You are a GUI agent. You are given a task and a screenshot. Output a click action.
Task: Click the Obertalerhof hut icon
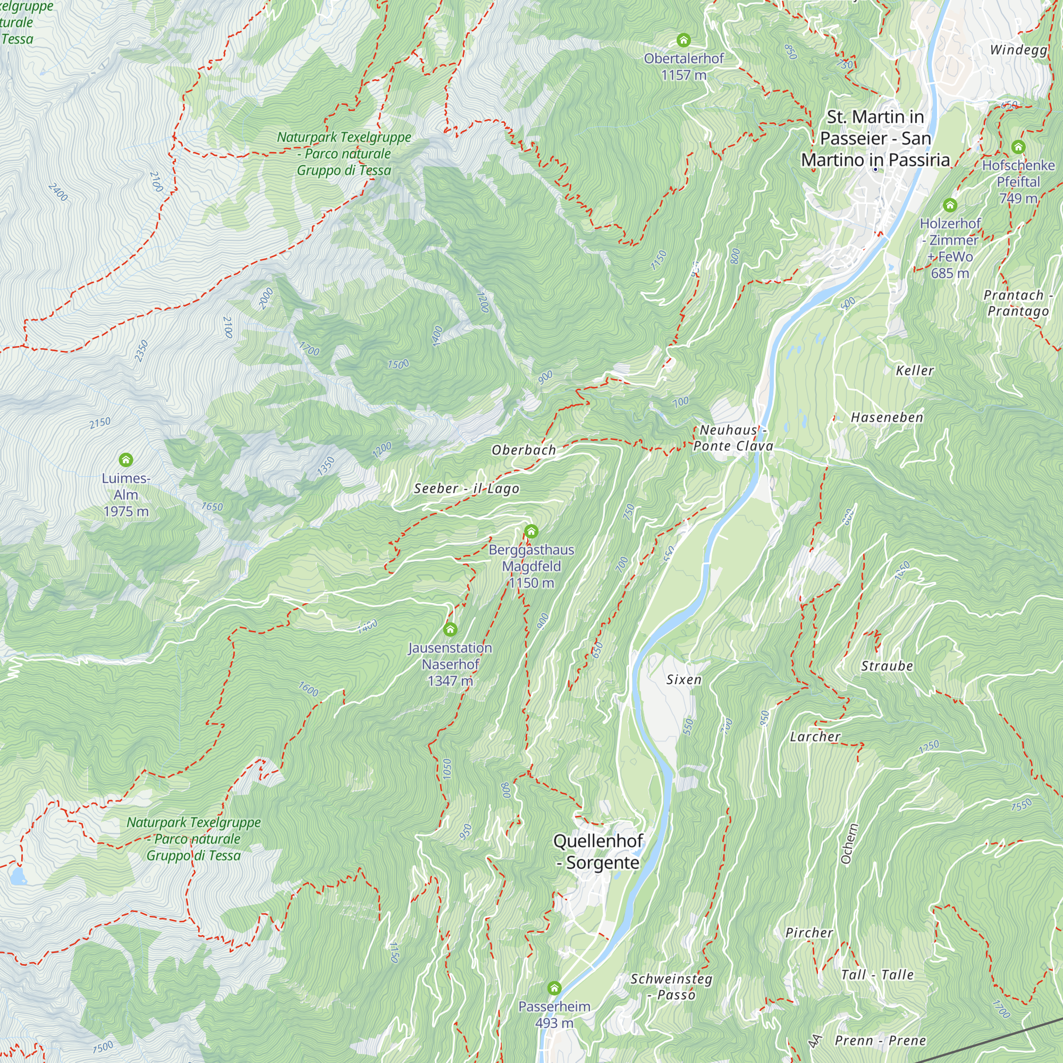tap(684, 40)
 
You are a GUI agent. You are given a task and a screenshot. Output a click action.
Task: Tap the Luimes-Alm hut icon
tap(126, 459)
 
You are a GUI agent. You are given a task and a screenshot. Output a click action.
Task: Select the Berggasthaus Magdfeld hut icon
tap(531, 531)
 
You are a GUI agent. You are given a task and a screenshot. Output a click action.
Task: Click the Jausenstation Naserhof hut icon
tap(450, 629)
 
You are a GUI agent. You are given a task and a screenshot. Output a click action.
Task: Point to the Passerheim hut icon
tap(554, 988)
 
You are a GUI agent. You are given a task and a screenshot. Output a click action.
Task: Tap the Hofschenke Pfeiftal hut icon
tap(1018, 147)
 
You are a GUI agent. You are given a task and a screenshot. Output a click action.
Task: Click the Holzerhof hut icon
tap(950, 205)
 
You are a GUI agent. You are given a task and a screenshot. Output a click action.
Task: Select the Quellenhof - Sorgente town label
tap(598, 851)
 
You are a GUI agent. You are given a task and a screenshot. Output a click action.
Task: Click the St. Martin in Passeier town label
tap(875, 138)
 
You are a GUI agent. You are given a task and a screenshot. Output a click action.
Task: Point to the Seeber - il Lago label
tap(466, 488)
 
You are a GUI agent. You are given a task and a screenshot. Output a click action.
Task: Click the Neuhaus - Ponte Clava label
tap(733, 438)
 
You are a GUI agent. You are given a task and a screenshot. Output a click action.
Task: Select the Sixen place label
tap(684, 679)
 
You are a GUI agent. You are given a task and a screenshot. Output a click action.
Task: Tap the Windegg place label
tap(1018, 49)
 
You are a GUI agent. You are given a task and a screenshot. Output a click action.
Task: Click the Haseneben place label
tap(887, 418)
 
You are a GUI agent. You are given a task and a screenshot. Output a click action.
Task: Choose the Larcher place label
tap(815, 737)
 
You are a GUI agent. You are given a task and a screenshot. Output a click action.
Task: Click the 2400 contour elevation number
tap(58, 192)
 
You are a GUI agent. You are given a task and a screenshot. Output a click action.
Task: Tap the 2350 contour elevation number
tap(141, 351)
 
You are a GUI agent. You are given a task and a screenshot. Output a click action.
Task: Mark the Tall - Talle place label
tap(877, 975)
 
